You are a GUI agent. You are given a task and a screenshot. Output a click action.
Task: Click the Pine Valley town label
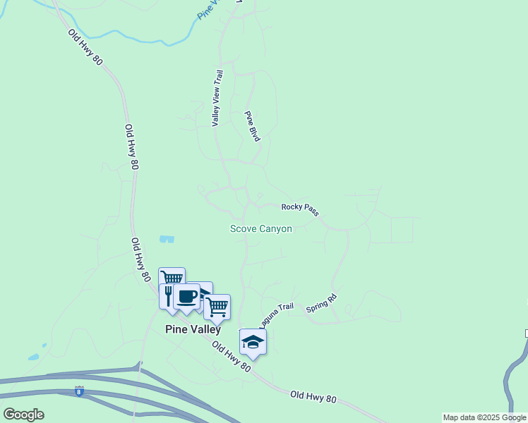click(x=193, y=329)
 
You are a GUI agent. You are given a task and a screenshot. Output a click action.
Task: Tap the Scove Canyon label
click(x=260, y=228)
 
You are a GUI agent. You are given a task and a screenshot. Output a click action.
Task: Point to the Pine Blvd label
click(x=252, y=126)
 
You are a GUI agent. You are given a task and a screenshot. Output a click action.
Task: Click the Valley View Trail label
click(x=218, y=98)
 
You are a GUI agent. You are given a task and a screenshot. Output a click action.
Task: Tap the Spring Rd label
click(x=322, y=304)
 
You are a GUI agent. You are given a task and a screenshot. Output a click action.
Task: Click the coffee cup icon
click(x=187, y=297)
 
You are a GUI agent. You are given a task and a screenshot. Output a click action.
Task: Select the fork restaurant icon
click(x=168, y=293)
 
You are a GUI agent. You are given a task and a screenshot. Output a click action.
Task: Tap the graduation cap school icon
click(x=253, y=342)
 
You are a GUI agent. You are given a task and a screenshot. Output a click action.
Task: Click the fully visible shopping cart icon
click(x=217, y=307)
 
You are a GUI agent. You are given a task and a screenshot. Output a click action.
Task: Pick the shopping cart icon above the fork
click(x=172, y=276)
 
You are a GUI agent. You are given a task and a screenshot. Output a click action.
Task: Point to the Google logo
click(x=23, y=414)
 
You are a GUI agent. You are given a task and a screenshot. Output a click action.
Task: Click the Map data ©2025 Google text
click(x=485, y=417)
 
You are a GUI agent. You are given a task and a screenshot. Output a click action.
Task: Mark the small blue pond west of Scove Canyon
click(x=167, y=239)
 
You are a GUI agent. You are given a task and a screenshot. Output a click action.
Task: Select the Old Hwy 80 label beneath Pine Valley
click(x=231, y=358)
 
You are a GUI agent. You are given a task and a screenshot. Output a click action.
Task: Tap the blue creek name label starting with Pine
click(x=210, y=9)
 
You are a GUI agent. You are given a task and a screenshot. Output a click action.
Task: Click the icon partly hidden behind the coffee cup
click(x=206, y=290)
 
